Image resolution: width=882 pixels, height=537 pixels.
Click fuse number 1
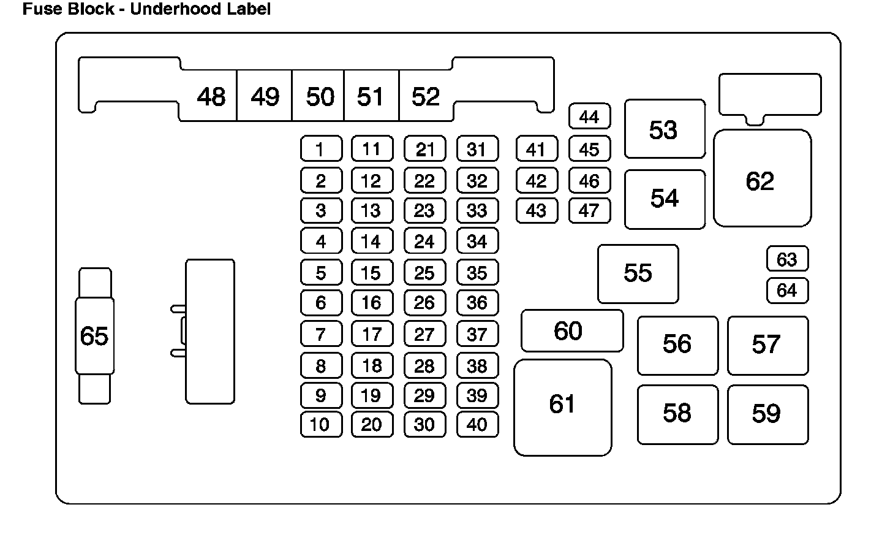click(321, 149)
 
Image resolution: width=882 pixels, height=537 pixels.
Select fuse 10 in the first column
click(321, 424)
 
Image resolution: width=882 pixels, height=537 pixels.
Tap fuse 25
click(424, 273)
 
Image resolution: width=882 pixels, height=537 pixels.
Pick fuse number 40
click(477, 424)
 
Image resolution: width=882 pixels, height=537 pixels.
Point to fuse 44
click(589, 116)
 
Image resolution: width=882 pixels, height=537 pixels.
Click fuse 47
click(589, 211)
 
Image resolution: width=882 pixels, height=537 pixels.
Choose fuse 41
click(537, 149)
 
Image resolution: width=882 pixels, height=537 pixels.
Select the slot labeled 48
click(211, 97)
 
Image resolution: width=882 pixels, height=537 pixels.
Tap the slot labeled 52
click(426, 97)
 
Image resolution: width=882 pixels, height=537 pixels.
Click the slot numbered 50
click(320, 97)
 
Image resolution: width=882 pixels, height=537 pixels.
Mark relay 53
click(665, 129)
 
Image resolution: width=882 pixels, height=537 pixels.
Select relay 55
click(638, 273)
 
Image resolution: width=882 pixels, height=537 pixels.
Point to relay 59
click(767, 414)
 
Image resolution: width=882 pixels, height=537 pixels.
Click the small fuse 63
click(787, 259)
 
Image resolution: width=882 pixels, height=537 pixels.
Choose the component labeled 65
click(94, 336)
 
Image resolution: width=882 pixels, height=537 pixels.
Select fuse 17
click(372, 334)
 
